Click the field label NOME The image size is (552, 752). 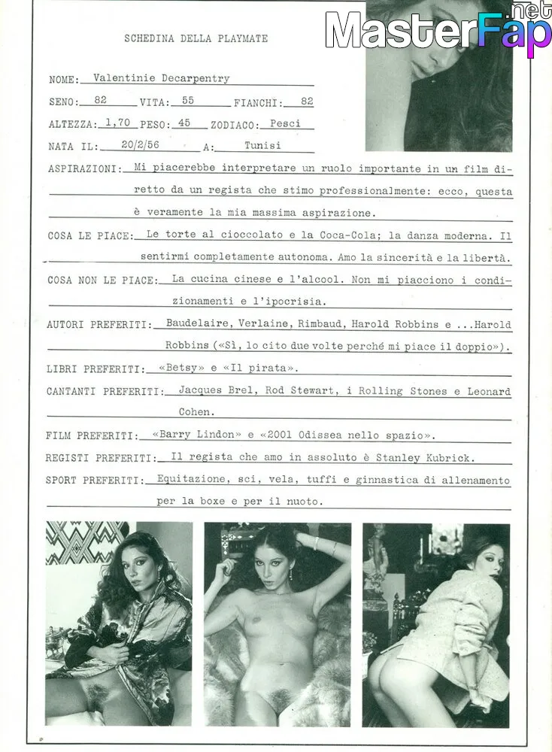tap(62, 80)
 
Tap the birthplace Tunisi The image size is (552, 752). tap(262, 146)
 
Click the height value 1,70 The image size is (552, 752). tap(117, 123)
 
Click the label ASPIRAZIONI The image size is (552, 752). tap(81, 170)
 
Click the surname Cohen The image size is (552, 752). tap(196, 412)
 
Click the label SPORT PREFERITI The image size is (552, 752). tap(93, 480)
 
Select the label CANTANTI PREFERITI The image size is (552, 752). tap(104, 392)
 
